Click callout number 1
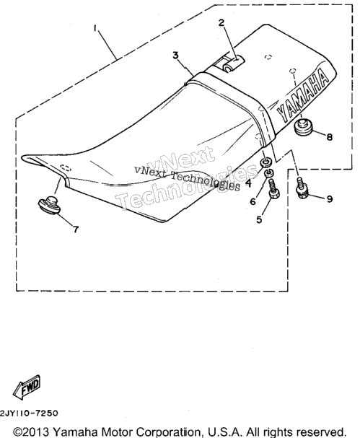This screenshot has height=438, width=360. point(95,27)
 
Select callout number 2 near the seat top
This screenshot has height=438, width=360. point(221,22)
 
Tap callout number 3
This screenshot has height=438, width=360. point(175,56)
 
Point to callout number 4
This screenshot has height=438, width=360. point(248,183)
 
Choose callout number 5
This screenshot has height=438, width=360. point(260,219)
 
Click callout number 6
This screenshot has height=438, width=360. point(253,201)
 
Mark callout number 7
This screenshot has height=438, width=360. point(76,229)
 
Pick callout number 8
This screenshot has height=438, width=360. point(330,137)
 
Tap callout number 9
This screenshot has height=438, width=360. point(330,199)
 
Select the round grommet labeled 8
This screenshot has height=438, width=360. point(304,128)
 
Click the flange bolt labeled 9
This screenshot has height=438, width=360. point(302,188)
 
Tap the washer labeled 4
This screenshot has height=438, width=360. point(265,162)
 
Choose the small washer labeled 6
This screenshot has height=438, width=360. point(269,173)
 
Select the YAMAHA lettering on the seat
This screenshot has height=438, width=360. point(302,97)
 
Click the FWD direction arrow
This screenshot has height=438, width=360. point(27,387)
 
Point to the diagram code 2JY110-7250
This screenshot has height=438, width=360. point(30,413)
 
